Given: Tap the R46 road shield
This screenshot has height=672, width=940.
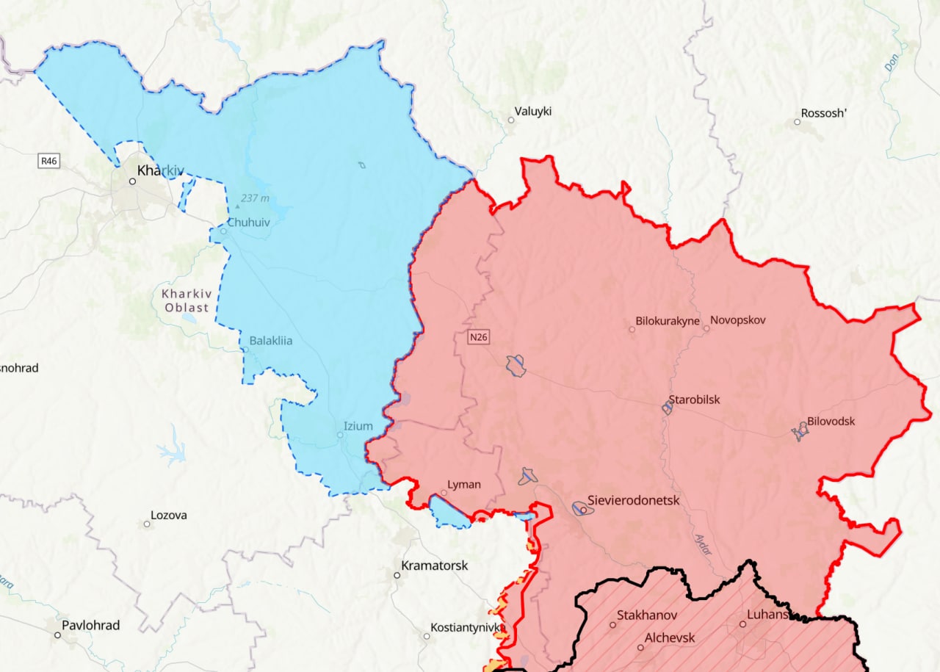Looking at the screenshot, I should pos(49,159).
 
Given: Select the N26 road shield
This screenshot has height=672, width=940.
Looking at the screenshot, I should pos(478,337).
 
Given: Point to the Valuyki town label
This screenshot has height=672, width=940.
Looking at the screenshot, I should pos(532,112).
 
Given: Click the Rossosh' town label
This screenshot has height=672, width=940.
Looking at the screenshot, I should pos(824,113).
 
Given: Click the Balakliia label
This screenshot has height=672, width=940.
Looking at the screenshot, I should pos(270,341).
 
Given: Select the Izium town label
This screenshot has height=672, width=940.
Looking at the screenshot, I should pos(358,426).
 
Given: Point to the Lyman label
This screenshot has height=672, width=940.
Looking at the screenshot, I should pos(464,485).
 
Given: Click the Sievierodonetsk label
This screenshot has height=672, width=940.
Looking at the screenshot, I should pos(633,500).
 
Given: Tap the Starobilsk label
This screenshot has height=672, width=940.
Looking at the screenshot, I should pos(694,400).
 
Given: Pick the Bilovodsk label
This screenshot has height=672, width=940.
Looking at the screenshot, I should pos(831,422).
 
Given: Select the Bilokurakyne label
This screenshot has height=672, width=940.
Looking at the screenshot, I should pos(668,321).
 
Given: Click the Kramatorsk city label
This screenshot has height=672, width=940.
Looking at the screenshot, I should pos(434,566).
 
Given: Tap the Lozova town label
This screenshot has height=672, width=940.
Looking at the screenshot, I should pos(168,515).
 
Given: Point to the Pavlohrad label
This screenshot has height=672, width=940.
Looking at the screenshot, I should pos(90,626).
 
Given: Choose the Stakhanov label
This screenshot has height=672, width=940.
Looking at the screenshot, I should pos(646,615).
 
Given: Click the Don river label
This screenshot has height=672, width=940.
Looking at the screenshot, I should pos(892,64).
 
